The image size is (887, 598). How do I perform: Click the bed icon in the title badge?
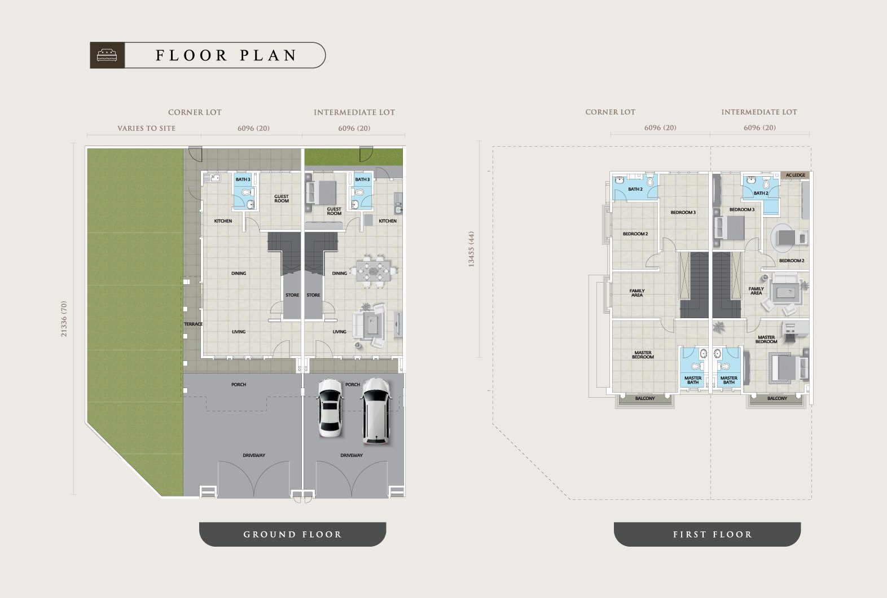[x=107, y=55]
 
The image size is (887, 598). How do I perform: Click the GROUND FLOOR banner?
[x=293, y=534]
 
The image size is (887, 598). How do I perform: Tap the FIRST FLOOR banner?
[x=707, y=534]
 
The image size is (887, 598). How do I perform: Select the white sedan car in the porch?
[x=330, y=408]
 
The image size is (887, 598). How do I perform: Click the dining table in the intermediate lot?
[x=374, y=270]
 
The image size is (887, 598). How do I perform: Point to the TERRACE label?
[x=193, y=324]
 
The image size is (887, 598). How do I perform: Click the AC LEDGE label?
[x=796, y=175]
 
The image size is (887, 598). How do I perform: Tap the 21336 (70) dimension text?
[x=64, y=319]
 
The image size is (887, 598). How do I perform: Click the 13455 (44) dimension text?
[x=471, y=249]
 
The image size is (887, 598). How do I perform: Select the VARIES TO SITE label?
[x=147, y=128]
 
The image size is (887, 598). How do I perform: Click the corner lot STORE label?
[x=292, y=295]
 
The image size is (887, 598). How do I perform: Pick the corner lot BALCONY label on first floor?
[x=645, y=398]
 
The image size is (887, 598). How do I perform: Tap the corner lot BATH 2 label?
[x=635, y=190]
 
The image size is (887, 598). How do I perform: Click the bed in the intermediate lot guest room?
[x=322, y=193]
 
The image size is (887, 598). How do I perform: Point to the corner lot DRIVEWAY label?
[x=254, y=455]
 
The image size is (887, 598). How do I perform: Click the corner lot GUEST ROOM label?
[x=282, y=199]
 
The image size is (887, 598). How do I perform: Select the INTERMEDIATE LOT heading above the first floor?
[x=759, y=112]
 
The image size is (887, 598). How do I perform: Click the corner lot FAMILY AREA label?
[x=636, y=293]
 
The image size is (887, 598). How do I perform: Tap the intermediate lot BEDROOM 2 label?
[x=792, y=261]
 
